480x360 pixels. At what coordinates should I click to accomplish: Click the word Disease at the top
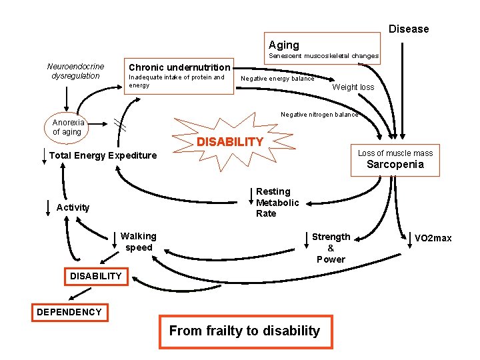tap(409, 29)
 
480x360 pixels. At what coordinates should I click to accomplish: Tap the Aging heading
tap(284, 45)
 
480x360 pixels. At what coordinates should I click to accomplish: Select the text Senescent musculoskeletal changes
tap(323, 56)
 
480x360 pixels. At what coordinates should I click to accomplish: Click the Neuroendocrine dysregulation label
tap(75, 71)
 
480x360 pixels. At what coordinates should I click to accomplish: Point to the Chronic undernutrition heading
tap(179, 67)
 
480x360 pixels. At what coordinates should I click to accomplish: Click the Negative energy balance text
tap(277, 79)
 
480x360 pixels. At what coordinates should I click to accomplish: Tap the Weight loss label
tap(353, 87)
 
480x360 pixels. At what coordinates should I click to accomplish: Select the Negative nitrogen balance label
tap(319, 114)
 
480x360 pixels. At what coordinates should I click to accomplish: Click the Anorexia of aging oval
tap(68, 127)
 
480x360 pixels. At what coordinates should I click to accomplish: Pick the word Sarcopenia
tap(395, 164)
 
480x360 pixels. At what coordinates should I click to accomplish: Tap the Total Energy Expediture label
tap(103, 155)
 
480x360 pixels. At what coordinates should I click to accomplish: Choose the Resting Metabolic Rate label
tap(277, 202)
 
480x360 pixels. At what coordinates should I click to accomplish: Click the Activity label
tap(73, 207)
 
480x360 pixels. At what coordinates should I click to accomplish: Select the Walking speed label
tap(139, 241)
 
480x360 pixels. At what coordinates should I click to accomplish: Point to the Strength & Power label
tap(331, 247)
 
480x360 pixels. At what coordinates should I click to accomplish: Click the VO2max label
tap(433, 238)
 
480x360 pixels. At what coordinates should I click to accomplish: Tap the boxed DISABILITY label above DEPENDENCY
tap(96, 275)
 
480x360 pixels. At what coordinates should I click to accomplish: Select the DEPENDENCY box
tap(69, 311)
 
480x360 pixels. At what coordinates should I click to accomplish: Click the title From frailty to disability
tap(245, 331)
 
